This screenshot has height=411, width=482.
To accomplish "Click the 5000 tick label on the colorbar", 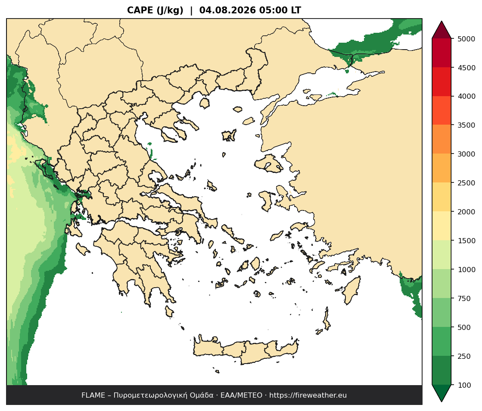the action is click(x=466, y=39).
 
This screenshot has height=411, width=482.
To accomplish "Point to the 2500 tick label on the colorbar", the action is click(x=466, y=183).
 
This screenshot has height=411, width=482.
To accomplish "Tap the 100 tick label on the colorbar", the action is click(x=464, y=385).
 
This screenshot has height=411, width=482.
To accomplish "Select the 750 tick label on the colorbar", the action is click(x=464, y=298).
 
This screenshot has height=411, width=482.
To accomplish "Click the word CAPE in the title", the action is click(x=140, y=10).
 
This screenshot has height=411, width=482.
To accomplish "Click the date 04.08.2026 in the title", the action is click(x=227, y=10).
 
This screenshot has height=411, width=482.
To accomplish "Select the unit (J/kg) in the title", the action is click(x=170, y=10).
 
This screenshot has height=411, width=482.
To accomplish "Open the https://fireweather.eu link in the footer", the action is click(x=308, y=395).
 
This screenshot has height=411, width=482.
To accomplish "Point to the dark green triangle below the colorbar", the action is click(x=442, y=392).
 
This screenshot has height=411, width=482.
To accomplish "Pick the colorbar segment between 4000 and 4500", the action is click(x=442, y=82).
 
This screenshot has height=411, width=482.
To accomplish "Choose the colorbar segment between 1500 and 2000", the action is click(x=442, y=226).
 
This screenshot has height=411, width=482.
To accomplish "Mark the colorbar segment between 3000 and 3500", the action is click(x=442, y=139).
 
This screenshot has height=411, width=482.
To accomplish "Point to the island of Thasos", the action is click(x=205, y=103).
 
